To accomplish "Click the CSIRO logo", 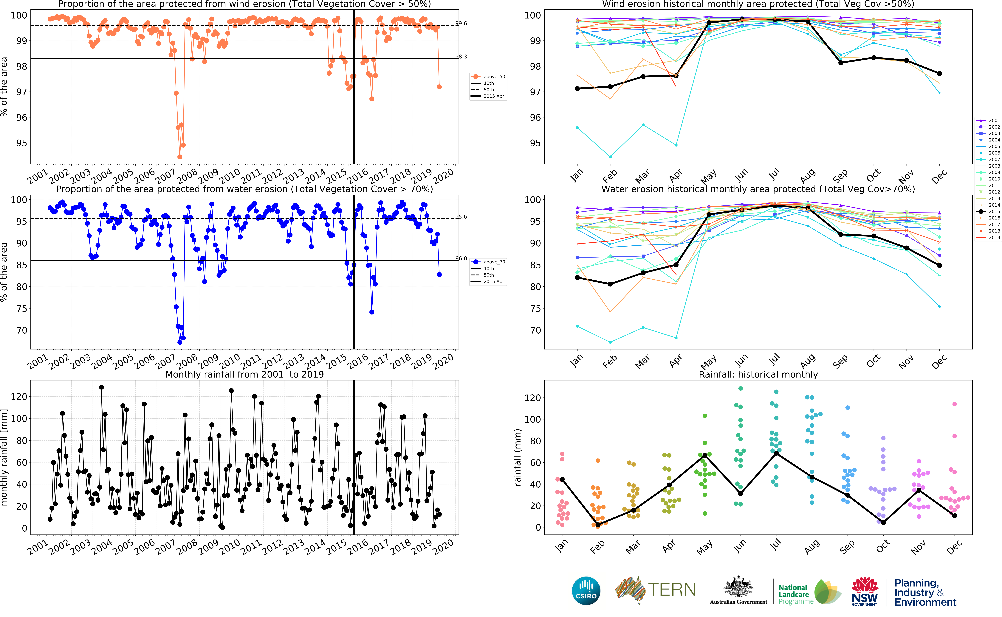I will [x=586, y=590].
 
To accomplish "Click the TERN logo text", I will [x=672, y=590].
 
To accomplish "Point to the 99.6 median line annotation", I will [x=461, y=23].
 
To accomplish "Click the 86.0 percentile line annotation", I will [x=461, y=258].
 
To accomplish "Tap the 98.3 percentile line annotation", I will [x=461, y=57].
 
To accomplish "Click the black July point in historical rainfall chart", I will [x=776, y=453].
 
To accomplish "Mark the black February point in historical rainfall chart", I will [x=598, y=525].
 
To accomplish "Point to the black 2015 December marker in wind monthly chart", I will [x=940, y=73].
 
